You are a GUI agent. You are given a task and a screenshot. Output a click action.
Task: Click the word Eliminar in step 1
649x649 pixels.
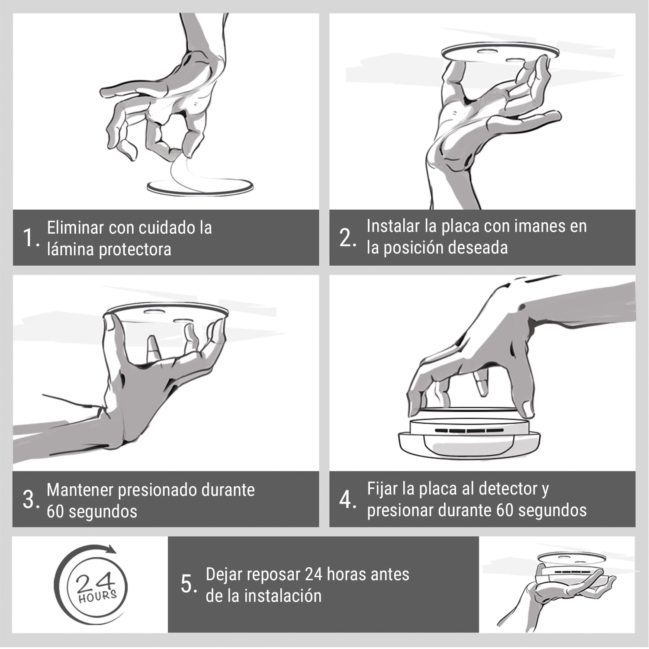75,228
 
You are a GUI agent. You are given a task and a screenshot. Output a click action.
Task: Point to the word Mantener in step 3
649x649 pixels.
80,490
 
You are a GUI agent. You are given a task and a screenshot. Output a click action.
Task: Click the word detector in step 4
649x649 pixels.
507,489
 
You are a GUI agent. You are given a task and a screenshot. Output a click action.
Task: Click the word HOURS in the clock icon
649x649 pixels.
97,596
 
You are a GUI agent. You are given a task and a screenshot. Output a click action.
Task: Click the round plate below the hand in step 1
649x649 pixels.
199,187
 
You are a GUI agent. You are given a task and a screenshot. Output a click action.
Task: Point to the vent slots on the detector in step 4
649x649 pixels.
467,431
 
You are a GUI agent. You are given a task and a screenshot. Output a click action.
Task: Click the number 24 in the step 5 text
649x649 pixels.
313,575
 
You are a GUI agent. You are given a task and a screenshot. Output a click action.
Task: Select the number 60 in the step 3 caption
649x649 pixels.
55,512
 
